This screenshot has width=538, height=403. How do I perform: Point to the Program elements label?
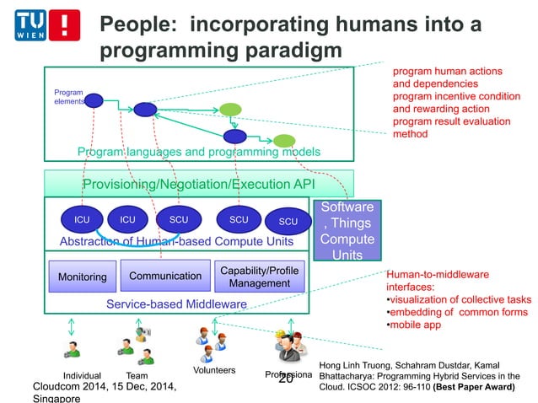pyautogui.click(x=68, y=96)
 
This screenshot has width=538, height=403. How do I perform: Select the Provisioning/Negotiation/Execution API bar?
pyautogui.click(x=197, y=185)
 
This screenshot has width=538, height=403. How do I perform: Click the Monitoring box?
pyautogui.click(x=82, y=277)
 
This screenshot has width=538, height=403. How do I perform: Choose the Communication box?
pyautogui.click(x=165, y=276)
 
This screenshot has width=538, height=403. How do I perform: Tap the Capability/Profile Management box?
pyautogui.click(x=260, y=277)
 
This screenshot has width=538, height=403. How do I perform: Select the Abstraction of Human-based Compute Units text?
pyautogui.click(x=176, y=242)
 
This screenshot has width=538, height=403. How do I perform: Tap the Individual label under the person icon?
pyautogui.click(x=82, y=376)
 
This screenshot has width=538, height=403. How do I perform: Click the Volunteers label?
pyautogui.click(x=214, y=370)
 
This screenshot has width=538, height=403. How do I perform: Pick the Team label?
pyautogui.click(x=137, y=376)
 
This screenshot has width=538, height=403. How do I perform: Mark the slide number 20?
pyautogui.click(x=286, y=379)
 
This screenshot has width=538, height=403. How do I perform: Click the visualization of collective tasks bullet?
pyautogui.click(x=458, y=299)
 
